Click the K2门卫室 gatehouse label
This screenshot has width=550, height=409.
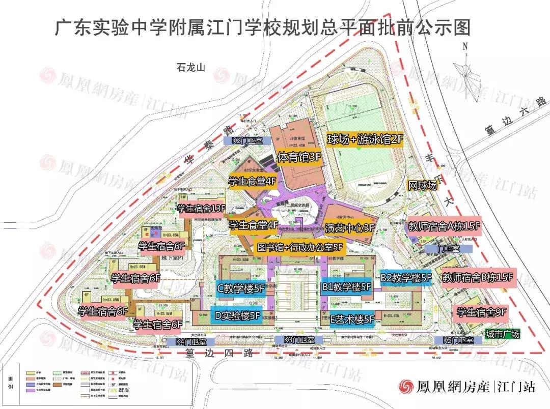coord(247,140)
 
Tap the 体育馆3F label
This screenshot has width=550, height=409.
coord(299,158)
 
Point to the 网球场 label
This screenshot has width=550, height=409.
coord(423,186)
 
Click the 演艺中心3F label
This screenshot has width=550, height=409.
coord(349,227)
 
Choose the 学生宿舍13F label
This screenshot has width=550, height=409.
coord(201,209)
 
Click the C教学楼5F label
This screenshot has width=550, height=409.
coord(241,288)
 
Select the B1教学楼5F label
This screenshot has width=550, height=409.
coord(346,287)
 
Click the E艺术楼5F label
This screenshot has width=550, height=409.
coord(352,319)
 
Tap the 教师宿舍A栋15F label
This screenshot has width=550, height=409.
coord(445,225)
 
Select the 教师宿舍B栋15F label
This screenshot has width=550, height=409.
coord(477,278)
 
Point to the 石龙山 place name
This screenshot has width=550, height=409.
coord(189,67)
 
